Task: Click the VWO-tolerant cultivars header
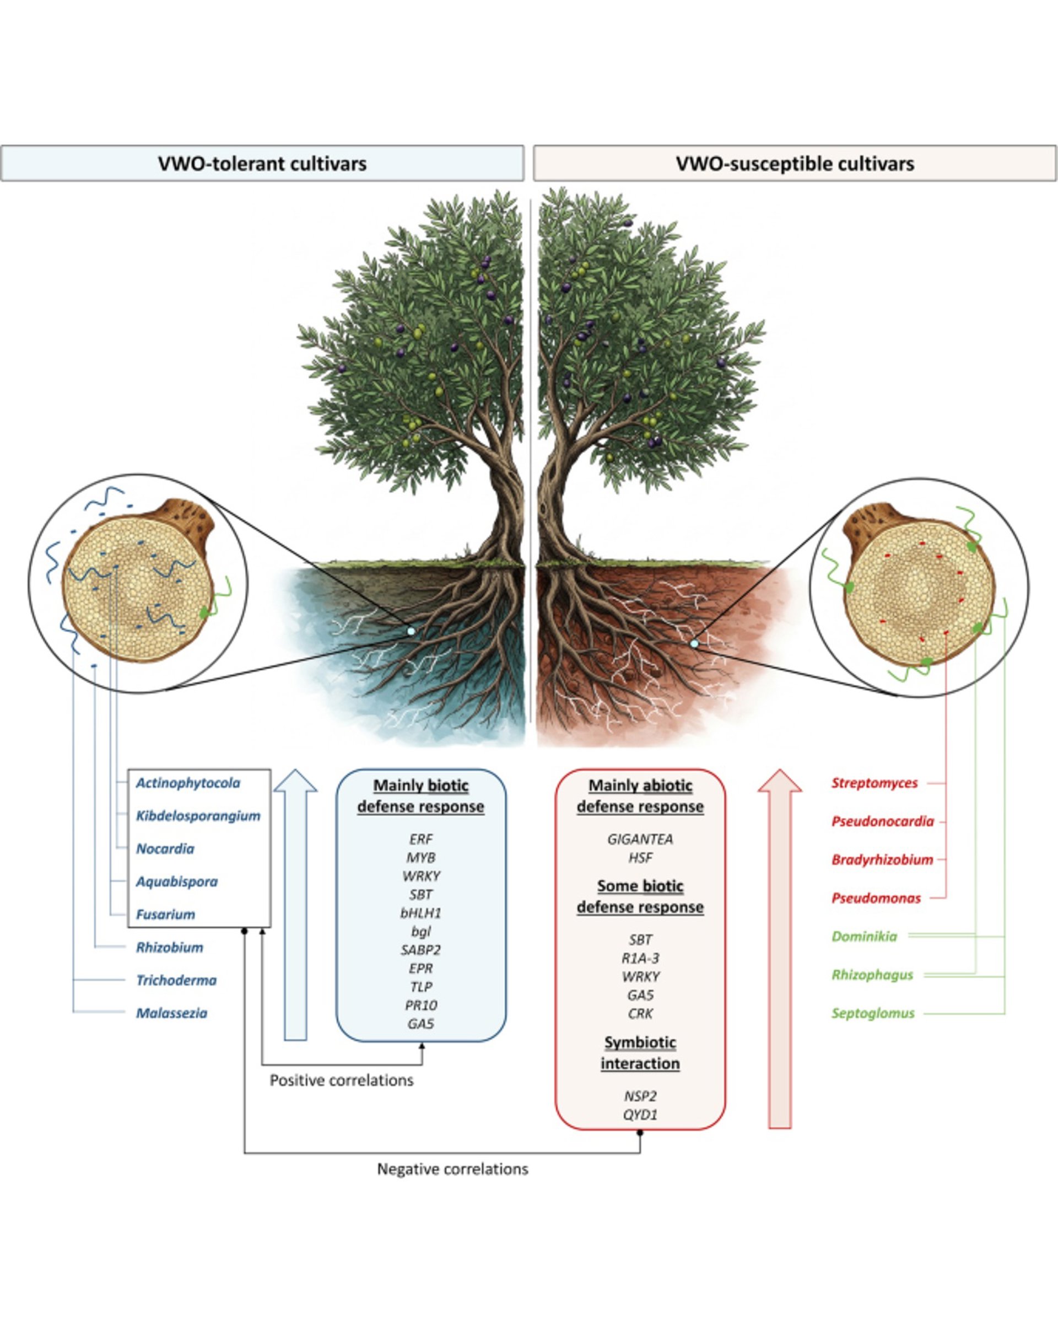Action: click(262, 164)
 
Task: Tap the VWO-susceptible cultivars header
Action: click(795, 164)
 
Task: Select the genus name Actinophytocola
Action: click(188, 783)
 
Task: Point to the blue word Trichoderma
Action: click(177, 980)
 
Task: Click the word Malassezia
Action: click(172, 1013)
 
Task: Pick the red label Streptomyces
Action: click(875, 783)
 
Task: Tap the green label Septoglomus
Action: click(873, 1013)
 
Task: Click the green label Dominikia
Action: click(864, 937)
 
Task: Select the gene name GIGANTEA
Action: click(640, 839)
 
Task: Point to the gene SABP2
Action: click(421, 950)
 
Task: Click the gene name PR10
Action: click(421, 1005)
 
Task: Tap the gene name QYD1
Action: click(640, 1115)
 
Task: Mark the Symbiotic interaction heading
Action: click(640, 1052)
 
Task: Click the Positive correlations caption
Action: click(342, 1080)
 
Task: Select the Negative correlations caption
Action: click(452, 1169)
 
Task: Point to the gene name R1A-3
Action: click(640, 958)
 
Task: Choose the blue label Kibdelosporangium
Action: click(198, 816)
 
